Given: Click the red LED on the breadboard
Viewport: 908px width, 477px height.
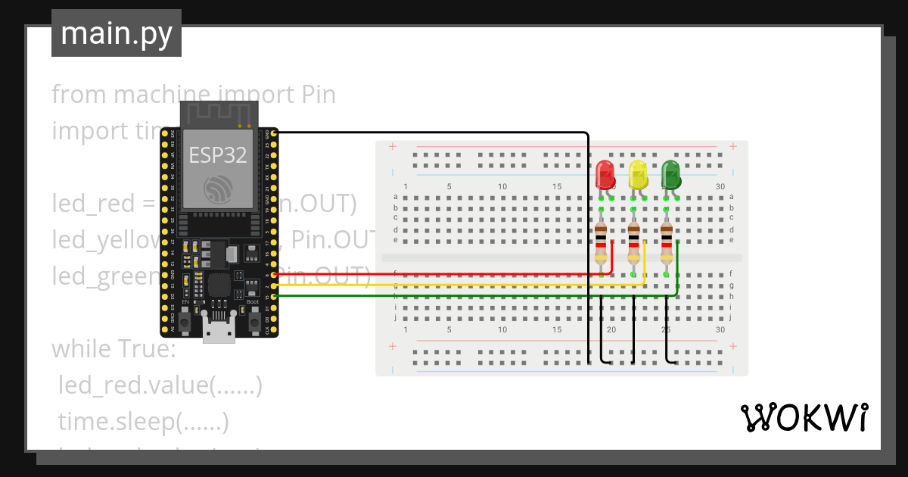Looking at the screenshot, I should coord(605,175).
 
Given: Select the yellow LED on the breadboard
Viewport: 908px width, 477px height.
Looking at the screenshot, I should coord(639,175).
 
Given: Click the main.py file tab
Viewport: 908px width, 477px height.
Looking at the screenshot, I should coord(117,33).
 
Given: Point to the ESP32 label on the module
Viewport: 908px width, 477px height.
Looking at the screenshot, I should coord(218,155).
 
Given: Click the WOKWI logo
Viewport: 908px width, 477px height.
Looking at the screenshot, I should coord(803,417).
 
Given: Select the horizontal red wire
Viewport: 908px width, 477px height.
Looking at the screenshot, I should coord(439,275).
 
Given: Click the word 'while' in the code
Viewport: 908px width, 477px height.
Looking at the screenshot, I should coord(79,350).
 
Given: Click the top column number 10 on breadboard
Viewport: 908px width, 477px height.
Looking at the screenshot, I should coord(502,186).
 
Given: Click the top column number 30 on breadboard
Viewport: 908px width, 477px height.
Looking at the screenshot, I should coord(720,186).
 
